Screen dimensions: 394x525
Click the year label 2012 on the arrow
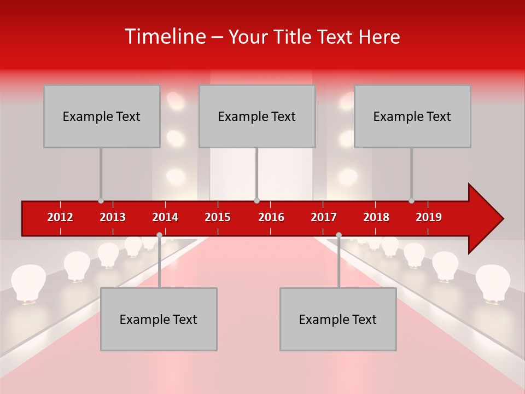(x=60, y=217)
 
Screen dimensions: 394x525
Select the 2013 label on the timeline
(x=113, y=217)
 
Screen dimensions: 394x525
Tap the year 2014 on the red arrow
(x=165, y=217)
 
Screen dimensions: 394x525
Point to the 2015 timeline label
(x=218, y=217)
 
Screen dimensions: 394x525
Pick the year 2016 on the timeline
(x=271, y=217)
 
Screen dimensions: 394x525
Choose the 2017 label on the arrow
(x=324, y=217)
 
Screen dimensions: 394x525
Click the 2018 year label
(x=376, y=217)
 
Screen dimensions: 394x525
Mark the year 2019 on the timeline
(x=429, y=217)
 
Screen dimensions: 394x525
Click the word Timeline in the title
(x=164, y=37)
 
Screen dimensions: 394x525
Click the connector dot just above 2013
(x=101, y=201)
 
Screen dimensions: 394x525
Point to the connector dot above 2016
(x=256, y=201)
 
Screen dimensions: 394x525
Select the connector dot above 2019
(x=411, y=201)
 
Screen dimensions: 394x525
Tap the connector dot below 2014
(x=159, y=235)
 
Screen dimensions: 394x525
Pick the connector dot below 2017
(x=339, y=235)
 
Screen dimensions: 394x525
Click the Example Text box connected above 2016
(x=256, y=116)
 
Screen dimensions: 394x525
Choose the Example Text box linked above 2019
(x=412, y=116)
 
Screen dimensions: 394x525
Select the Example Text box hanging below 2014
(x=159, y=319)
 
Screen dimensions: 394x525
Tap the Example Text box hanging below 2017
(x=338, y=319)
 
